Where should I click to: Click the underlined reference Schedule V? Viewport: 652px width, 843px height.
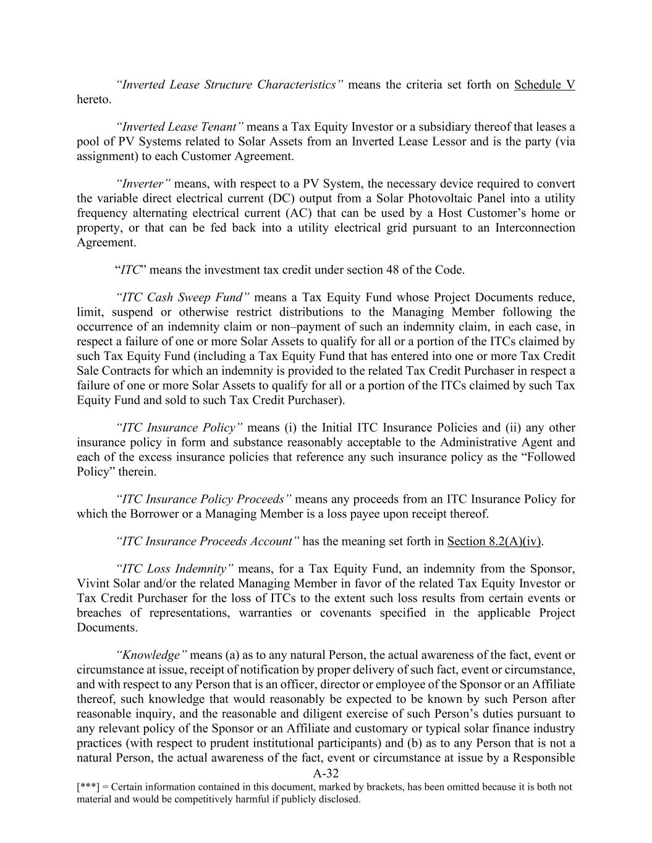pos(544,85)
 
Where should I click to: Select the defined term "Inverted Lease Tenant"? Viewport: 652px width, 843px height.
pos(179,127)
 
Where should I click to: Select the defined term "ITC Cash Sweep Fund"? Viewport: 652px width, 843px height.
pos(182,298)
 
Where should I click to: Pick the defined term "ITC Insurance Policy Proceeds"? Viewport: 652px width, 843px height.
pos(203,500)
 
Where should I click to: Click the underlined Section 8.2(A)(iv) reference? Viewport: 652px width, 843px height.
pos(495,542)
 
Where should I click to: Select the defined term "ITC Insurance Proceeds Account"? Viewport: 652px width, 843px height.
pos(207,542)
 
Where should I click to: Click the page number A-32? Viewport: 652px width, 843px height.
pos(326,774)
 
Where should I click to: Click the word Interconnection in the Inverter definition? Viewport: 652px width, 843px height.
pos(536,228)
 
